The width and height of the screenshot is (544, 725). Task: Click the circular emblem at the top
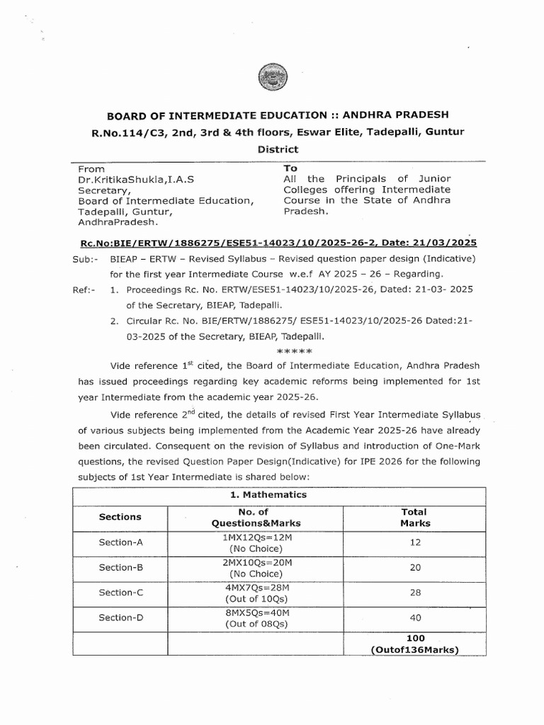(x=271, y=76)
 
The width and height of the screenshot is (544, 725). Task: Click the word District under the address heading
(x=272, y=149)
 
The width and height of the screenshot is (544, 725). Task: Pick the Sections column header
(x=120, y=517)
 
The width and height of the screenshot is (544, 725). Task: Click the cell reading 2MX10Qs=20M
(x=256, y=561)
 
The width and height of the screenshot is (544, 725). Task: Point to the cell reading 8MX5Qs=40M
(x=256, y=612)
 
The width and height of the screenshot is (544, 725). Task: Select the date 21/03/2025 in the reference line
(x=422, y=241)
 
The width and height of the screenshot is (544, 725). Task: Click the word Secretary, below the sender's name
(x=103, y=190)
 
